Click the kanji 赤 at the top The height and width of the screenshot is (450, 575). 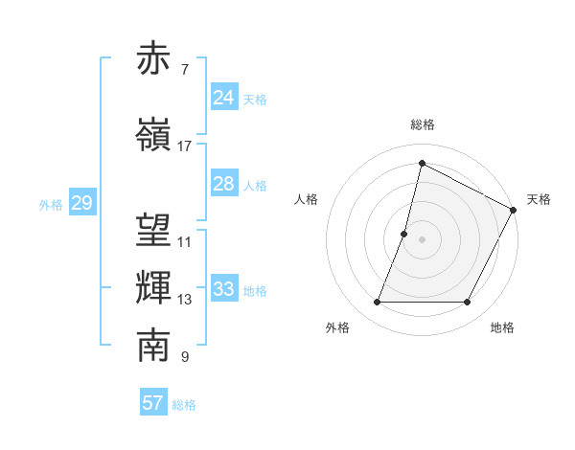point(154,59)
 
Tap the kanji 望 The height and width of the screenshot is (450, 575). point(154,231)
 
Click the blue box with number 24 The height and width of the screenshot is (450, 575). point(224,97)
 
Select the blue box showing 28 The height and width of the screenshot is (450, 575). point(224,184)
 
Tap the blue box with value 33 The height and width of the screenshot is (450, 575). point(224,289)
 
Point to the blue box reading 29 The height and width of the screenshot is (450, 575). point(81,203)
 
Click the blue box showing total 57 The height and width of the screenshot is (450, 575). point(153,403)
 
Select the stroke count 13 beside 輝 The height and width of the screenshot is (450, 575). point(185,300)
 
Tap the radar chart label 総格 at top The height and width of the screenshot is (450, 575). point(422,125)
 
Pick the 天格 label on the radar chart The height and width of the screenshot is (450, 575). point(539,199)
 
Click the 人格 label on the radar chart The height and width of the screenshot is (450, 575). point(306,199)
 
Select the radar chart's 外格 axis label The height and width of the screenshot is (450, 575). point(337,327)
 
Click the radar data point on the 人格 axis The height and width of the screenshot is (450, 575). point(404,234)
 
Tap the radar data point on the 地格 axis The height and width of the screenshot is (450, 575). point(468,303)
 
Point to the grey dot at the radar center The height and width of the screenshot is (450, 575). point(422,239)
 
